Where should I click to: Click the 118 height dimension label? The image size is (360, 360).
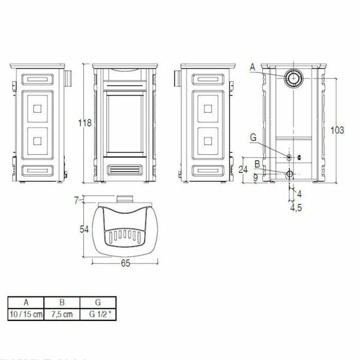point(86,123)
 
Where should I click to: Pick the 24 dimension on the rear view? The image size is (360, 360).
point(243,169)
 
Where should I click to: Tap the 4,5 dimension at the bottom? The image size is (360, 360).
point(295,208)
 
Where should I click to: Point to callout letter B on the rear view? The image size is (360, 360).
point(256,163)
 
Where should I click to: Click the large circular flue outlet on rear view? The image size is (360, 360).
point(293,78)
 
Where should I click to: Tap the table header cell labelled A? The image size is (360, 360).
point(26,302)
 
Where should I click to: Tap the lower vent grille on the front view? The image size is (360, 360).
point(124,169)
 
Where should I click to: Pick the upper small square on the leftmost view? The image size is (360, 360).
point(37,109)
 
